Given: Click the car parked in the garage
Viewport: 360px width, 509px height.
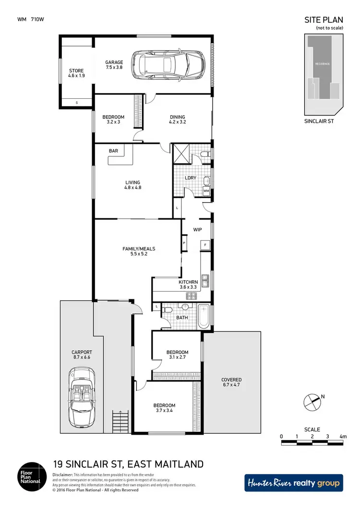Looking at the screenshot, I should coord(168,66).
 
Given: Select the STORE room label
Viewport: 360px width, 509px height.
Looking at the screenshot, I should coord(76,73).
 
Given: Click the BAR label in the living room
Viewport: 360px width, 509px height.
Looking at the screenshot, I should coord(113,151).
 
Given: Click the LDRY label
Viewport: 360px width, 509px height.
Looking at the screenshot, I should coord(191,178).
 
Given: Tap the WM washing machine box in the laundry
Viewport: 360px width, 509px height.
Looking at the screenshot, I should coord(206,191).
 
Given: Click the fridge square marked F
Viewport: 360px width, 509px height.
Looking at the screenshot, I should coord(205,245).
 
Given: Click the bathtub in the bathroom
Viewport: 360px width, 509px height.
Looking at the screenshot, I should coord(204,317).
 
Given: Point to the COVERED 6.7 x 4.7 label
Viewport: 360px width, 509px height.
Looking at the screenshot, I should coord(231,382).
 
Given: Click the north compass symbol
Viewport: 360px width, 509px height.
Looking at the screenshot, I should coord(312,401).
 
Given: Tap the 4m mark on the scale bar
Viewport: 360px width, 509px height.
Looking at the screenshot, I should coord(343,437).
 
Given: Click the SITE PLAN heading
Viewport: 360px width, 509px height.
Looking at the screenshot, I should coord(324,20).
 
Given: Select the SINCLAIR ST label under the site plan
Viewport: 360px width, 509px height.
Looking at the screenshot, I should coord(319,121).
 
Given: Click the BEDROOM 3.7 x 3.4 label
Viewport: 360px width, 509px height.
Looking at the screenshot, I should coord(165,408).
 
